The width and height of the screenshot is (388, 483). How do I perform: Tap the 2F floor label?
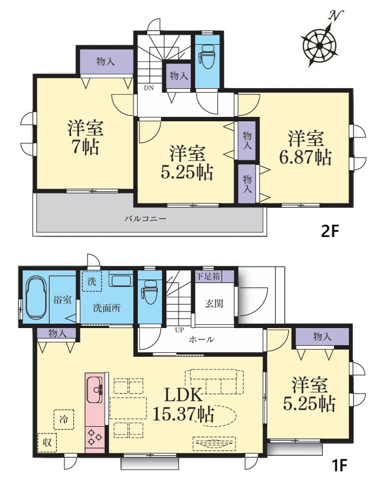point(330,231)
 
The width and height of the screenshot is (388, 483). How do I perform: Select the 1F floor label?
point(339,465)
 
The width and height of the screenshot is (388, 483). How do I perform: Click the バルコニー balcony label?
point(145,219)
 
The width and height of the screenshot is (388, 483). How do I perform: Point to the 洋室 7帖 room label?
point(85,137)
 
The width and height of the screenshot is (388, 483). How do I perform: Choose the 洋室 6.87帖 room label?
point(305,148)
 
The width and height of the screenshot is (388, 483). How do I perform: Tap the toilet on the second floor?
point(207,57)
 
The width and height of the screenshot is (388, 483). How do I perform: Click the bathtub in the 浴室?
point(36,298)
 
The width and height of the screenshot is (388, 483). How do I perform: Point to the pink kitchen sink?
point(95,389)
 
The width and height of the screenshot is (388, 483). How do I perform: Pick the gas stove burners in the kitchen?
point(95,437)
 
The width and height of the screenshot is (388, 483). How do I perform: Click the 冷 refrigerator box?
point(64,419)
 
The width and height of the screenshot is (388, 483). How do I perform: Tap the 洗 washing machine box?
point(92,281)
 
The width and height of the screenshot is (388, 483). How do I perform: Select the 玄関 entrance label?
point(214,304)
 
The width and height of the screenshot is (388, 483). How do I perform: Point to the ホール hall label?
point(201,340)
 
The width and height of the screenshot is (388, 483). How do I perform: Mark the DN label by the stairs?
point(149,88)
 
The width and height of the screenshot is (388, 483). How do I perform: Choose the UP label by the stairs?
point(179,330)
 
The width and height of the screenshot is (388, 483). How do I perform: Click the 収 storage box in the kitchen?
point(47,443)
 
